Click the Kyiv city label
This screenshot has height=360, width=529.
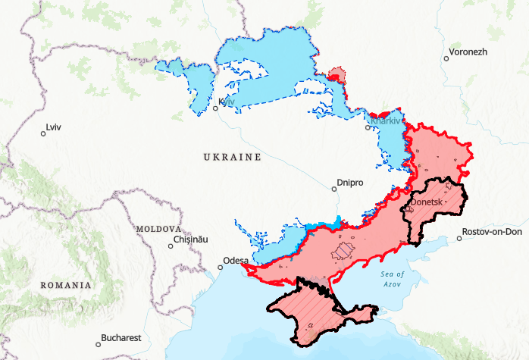(x=227, y=102)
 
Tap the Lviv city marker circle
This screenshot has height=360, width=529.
(x=43, y=134)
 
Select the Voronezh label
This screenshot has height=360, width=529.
(x=468, y=52)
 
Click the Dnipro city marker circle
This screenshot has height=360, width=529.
(x=334, y=189)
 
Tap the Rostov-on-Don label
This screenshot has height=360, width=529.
(x=493, y=232)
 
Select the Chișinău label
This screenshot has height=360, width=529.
(x=190, y=239)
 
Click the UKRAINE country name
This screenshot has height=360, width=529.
(x=232, y=157)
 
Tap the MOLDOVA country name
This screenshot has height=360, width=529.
(x=158, y=228)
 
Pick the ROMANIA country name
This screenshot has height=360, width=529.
(x=67, y=285)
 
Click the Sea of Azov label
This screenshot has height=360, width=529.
(x=392, y=277)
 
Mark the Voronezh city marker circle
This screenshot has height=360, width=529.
(x=446, y=58)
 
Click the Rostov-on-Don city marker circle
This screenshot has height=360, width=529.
(x=459, y=238)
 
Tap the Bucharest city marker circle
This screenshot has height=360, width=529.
(x=98, y=343)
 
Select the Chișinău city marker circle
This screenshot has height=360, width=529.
(x=171, y=245)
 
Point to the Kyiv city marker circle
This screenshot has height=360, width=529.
(x=215, y=108)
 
